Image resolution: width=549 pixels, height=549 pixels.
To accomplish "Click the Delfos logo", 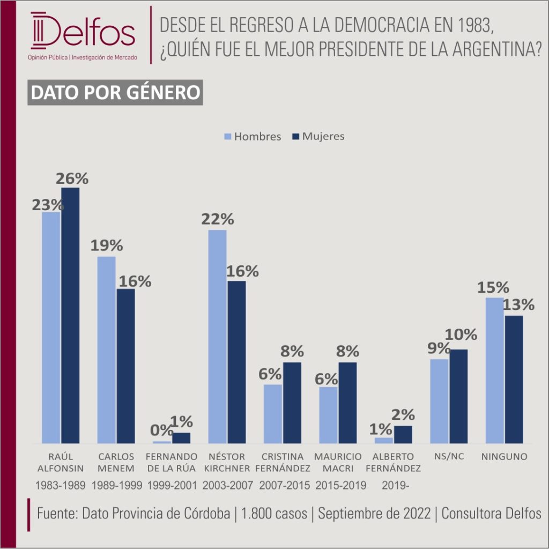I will click(83, 35).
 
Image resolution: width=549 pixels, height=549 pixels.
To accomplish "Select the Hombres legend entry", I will click(251, 136).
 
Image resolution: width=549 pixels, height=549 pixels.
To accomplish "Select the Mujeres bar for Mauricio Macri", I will click(347, 403).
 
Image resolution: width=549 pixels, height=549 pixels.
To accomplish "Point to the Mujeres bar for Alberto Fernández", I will click(403, 434).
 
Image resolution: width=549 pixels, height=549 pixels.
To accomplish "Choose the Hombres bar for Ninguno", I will click(494, 370).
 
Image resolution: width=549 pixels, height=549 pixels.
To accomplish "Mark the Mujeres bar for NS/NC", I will click(458, 396).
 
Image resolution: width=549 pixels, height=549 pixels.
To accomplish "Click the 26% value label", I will click(72, 179).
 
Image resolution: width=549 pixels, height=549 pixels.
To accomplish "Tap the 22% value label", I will click(218, 219).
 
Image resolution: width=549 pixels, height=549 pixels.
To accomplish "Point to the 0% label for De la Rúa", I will click(161, 431).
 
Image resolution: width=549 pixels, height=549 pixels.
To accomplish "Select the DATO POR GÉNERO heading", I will click(115, 92).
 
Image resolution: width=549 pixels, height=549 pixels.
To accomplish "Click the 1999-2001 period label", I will click(172, 486).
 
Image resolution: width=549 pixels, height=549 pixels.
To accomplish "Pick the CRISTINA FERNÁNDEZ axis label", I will click(283, 463).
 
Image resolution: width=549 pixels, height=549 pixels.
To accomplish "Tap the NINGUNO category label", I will click(504, 457).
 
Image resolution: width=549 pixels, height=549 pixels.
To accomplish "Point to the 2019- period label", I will click(394, 486).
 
